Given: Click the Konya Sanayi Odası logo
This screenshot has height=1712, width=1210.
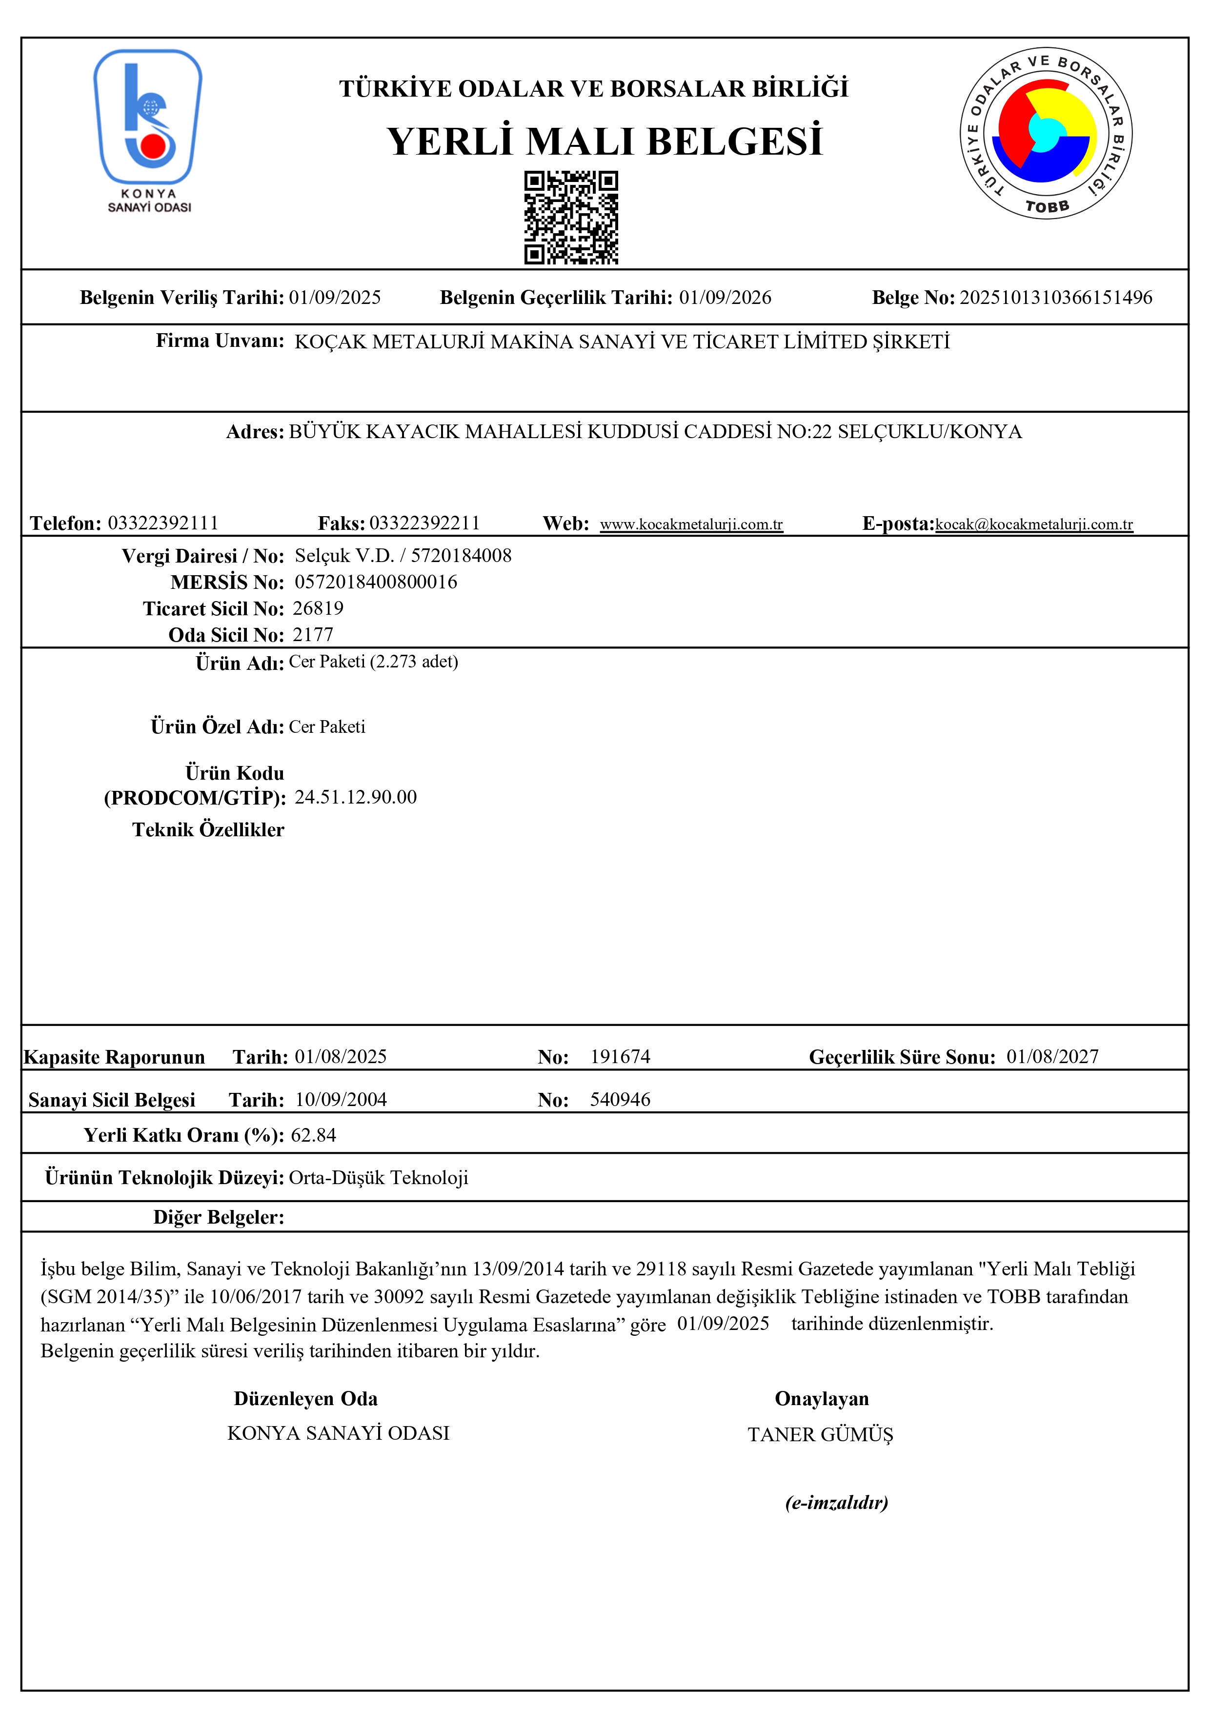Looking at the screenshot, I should click(148, 130).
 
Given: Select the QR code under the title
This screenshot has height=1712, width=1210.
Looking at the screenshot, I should click(571, 218).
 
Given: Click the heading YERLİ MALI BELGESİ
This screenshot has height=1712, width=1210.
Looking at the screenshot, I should click(604, 141).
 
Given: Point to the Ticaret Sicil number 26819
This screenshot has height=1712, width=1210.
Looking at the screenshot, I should click(318, 608).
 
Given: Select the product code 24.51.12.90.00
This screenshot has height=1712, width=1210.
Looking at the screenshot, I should click(356, 797).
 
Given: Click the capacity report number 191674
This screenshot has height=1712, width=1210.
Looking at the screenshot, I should click(620, 1057).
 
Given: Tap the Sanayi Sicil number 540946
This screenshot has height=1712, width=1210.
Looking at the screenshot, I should click(620, 1099).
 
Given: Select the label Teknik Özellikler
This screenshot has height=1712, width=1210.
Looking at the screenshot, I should click(208, 830).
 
